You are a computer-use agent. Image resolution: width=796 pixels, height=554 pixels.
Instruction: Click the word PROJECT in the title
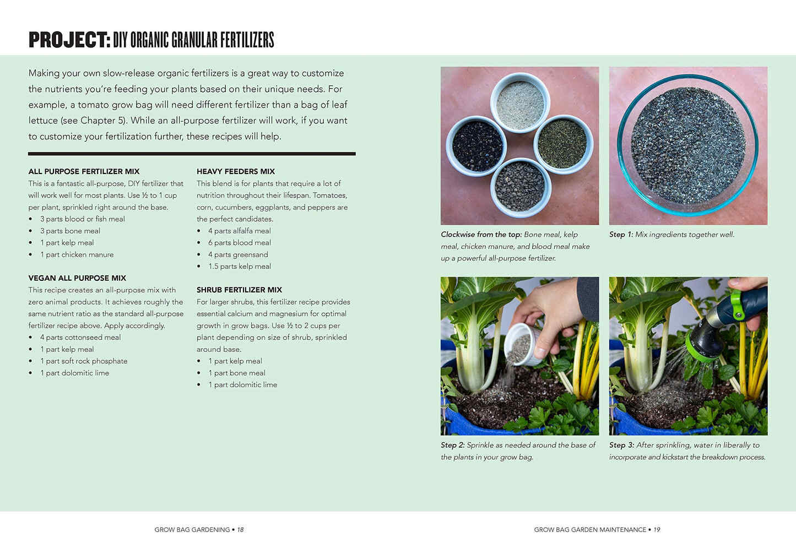(69, 40)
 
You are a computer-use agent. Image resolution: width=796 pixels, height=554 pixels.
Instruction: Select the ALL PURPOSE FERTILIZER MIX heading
(84, 171)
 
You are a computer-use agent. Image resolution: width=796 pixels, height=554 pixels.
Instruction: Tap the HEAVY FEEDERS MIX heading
(236, 171)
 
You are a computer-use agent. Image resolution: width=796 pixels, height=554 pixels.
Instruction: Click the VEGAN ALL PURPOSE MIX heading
(77, 278)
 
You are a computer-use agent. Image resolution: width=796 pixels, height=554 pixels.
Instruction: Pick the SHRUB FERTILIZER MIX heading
(239, 290)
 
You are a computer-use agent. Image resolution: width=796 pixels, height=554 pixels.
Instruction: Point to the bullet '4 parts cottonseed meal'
(80, 338)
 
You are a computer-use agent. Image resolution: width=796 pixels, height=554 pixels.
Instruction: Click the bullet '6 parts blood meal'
(239, 243)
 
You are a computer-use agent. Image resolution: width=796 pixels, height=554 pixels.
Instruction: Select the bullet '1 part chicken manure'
(77, 254)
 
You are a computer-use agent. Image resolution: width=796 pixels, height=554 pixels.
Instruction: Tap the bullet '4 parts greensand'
(238, 254)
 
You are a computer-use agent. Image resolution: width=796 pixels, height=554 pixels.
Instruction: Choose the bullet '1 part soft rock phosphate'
(83, 361)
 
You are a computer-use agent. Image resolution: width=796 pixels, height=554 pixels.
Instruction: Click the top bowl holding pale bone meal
(520, 103)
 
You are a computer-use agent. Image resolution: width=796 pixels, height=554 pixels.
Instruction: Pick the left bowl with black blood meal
(476, 145)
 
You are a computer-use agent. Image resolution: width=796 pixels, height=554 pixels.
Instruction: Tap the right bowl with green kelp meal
(562, 144)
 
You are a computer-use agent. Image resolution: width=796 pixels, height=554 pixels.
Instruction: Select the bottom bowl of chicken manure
(520, 187)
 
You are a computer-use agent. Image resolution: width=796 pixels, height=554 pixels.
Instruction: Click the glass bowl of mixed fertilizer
(687, 145)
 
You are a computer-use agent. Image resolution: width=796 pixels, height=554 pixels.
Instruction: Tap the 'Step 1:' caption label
(621, 235)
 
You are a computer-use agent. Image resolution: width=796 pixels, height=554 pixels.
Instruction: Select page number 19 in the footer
(657, 530)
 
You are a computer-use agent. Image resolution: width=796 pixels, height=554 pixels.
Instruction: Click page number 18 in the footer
(240, 530)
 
